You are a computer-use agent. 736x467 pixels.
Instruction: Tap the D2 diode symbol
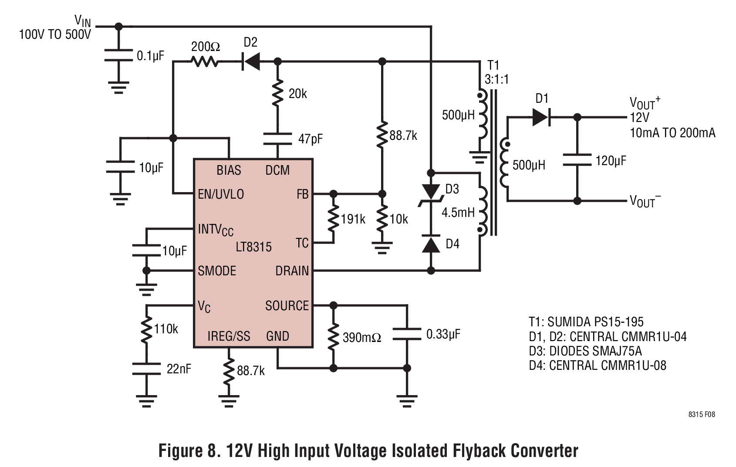point(251,61)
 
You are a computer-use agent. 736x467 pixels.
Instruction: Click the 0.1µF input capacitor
point(118,55)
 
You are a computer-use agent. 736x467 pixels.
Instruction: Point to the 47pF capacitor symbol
point(278,139)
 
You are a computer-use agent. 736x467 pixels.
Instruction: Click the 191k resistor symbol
point(333,218)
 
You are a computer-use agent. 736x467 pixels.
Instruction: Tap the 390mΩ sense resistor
point(333,337)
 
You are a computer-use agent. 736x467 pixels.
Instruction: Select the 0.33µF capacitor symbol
point(407,334)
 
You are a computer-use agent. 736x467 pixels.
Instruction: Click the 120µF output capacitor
point(577,160)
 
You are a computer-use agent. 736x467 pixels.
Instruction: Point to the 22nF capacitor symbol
point(146,369)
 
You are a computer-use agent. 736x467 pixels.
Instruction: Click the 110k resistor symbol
point(146,329)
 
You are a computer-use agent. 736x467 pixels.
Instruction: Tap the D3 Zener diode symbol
point(431,193)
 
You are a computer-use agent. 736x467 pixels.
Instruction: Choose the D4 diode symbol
point(431,244)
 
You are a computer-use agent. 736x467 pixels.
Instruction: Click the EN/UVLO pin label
point(221,194)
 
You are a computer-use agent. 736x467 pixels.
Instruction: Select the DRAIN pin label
point(292,271)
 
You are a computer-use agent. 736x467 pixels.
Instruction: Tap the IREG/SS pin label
point(229,336)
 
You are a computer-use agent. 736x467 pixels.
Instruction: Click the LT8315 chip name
point(253,247)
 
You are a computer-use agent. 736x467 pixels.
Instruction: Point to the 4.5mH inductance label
point(458,213)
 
